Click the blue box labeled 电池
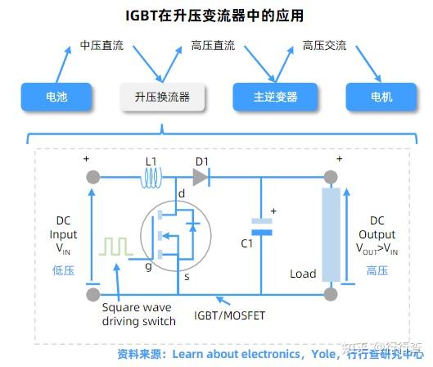click(56, 97)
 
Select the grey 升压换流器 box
click(162, 97)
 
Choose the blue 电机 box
click(381, 97)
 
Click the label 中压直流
click(101, 45)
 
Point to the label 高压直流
click(212, 45)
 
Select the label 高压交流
click(324, 45)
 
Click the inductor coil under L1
click(153, 175)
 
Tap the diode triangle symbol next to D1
click(201, 175)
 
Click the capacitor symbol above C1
click(261, 226)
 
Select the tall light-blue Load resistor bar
click(331, 233)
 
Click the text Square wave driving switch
click(138, 315)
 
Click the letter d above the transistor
click(181, 193)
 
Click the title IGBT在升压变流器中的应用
click(217, 15)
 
